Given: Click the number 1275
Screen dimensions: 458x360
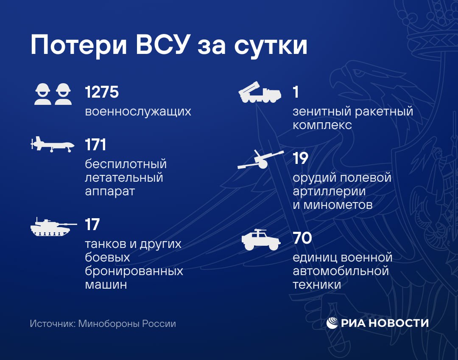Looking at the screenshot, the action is click(102, 92).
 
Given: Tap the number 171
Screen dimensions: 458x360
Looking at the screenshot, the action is click(95, 145).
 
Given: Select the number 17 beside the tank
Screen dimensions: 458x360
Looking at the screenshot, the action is click(92, 225).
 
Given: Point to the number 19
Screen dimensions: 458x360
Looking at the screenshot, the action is click(301, 158).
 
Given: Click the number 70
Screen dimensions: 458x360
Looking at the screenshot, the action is click(303, 238).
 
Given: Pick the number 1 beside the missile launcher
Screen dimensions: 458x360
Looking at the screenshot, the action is click(296, 92).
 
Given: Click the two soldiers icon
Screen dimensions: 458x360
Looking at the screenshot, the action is click(53, 94).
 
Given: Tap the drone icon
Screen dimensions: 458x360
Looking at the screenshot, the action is click(53, 144).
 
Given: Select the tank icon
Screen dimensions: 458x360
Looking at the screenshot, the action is click(53, 227).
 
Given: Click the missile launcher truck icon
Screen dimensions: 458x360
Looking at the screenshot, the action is click(260, 92).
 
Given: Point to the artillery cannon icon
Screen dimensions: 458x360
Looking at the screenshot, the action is click(260, 160).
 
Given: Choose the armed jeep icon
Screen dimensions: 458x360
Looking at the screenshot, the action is click(261, 240).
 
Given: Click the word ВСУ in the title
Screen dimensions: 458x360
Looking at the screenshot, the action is click(161, 45).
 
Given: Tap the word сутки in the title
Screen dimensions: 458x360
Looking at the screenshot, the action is click(271, 47).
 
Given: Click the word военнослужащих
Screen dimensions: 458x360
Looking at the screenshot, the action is click(138, 112).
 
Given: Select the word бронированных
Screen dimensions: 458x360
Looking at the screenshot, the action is click(134, 271).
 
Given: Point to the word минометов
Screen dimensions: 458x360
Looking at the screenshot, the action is click(338, 205).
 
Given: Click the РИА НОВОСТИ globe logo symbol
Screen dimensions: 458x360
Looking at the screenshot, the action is click(332, 323).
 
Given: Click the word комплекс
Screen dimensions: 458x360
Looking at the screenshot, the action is click(322, 125).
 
